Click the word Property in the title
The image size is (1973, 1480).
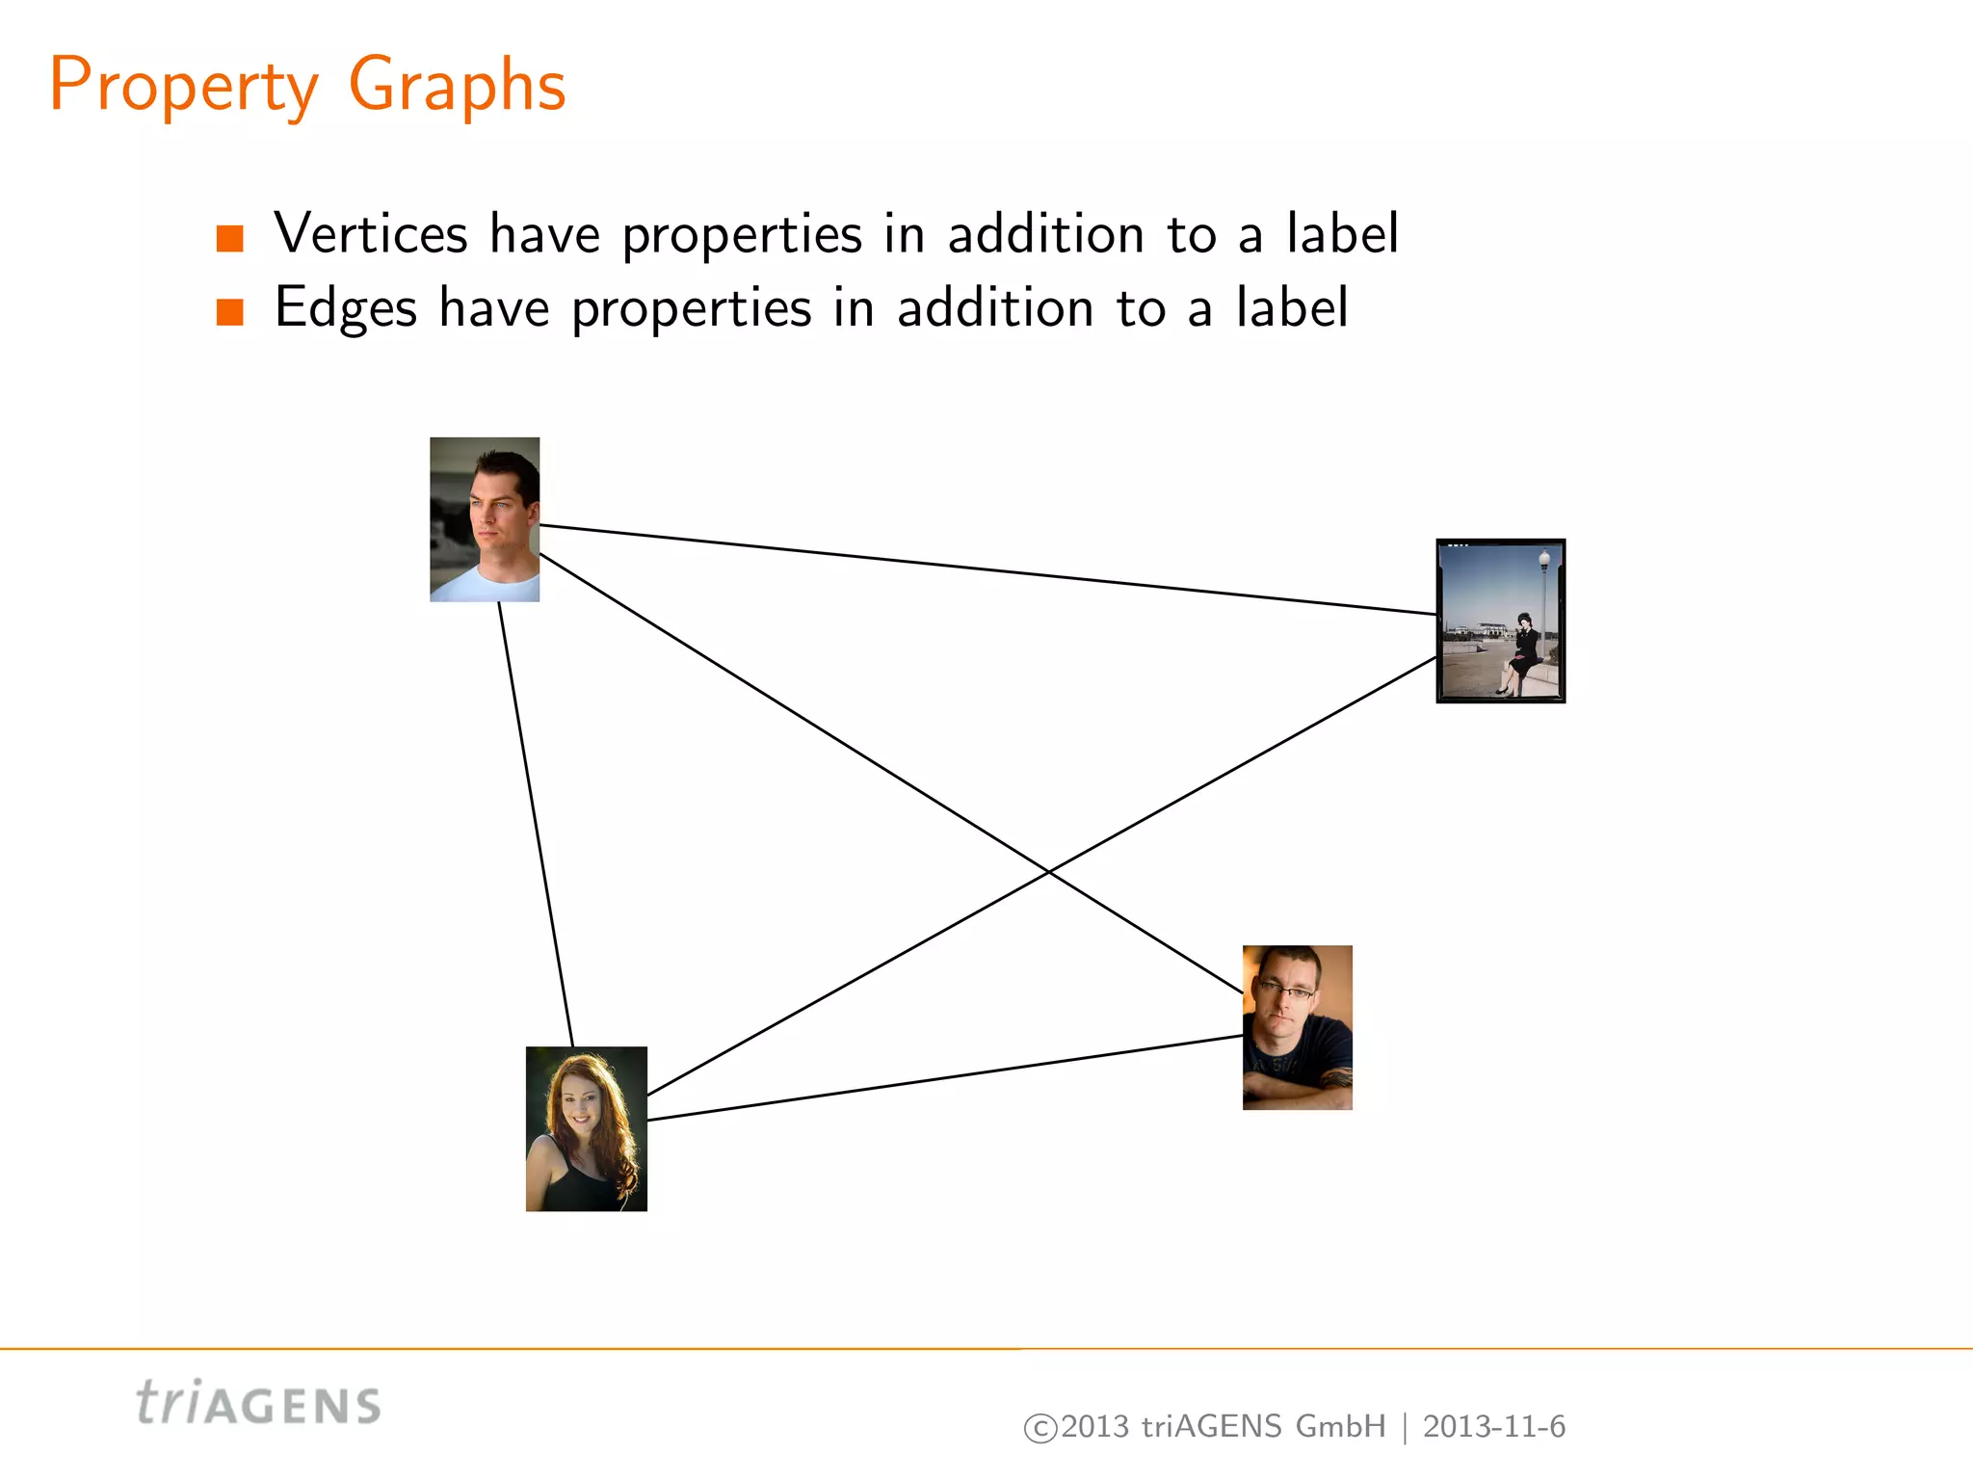point(183,87)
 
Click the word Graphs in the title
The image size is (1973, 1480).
point(456,87)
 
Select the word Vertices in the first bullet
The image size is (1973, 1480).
point(371,234)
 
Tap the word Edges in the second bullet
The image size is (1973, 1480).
point(346,309)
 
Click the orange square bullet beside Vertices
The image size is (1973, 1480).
point(230,238)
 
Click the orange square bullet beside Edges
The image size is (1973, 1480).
point(230,312)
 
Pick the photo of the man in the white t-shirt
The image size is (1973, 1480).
point(485,519)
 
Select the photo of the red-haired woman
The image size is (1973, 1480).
point(586,1128)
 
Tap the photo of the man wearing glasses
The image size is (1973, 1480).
point(1297,1027)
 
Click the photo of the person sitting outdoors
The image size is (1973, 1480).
point(1500,621)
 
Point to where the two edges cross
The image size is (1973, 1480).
point(1048,872)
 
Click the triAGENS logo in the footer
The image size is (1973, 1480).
point(258,1404)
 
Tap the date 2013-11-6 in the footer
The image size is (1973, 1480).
point(1493,1427)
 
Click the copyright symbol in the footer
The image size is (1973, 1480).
point(1039,1428)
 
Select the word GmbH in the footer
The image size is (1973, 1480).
point(1340,1427)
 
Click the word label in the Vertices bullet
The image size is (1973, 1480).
point(1342,234)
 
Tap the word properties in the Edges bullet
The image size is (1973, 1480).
point(692,309)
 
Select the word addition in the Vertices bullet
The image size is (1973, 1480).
point(1046,234)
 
